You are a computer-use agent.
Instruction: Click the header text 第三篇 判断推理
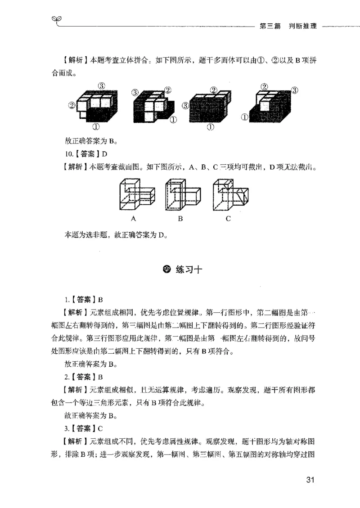coord(288,26)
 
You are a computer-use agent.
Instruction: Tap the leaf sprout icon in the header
coord(56,20)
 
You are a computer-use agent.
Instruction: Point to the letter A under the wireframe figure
coord(134,219)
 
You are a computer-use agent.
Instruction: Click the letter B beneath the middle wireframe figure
coord(180,219)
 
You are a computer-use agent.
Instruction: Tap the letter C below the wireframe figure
coord(228,219)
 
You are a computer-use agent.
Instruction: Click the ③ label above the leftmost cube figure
coord(102,85)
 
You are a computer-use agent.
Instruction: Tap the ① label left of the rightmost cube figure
coord(245,118)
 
